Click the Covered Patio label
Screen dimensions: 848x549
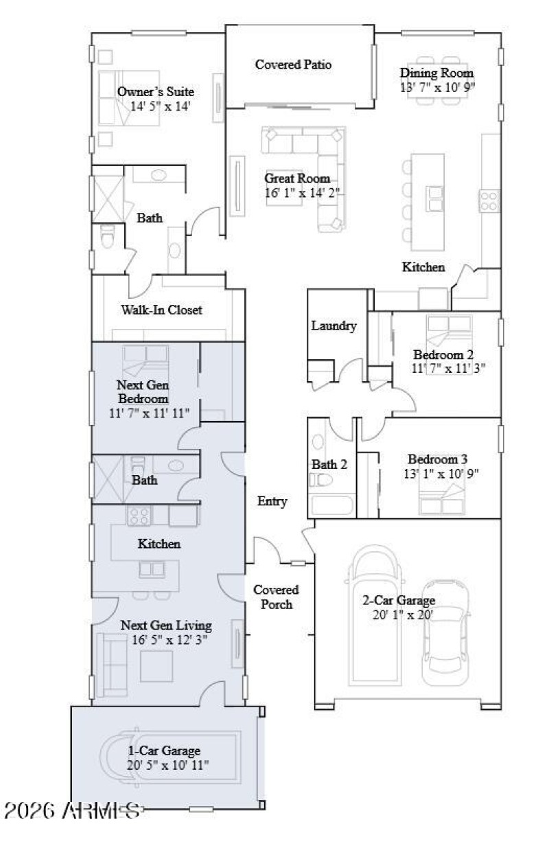(293, 65)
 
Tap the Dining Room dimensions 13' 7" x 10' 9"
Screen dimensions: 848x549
(438, 87)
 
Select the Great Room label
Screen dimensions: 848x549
(297, 179)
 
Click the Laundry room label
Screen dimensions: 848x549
(334, 326)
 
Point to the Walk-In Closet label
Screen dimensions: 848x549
(161, 310)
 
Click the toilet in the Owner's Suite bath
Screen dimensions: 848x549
(107, 238)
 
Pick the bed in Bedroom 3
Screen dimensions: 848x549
(442, 501)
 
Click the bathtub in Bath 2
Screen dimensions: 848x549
(330, 506)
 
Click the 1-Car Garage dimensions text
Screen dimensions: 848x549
(168, 764)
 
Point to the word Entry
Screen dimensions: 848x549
(272, 501)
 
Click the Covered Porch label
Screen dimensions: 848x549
(276, 597)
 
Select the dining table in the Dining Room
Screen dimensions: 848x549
(438, 80)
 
